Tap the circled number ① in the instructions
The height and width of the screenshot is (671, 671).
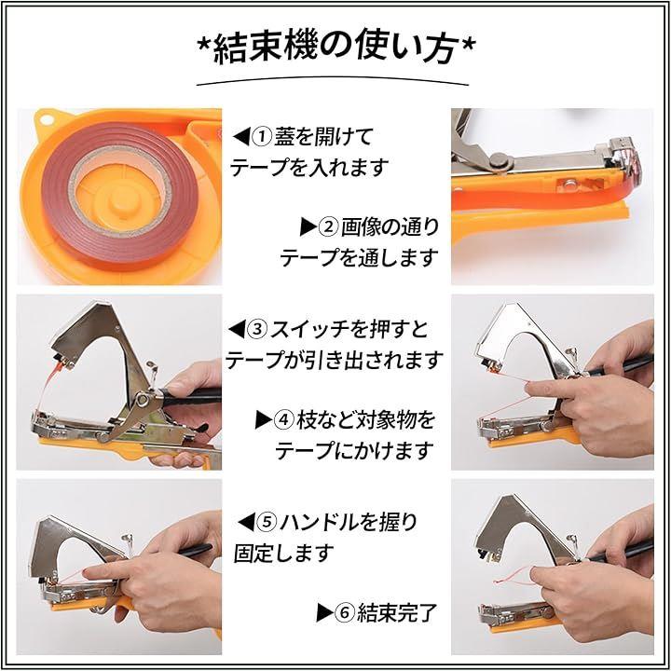(x=261, y=136)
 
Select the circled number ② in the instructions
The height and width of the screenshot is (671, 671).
(x=328, y=226)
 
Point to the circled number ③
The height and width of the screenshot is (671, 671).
(x=257, y=329)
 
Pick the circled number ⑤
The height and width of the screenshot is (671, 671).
(x=266, y=522)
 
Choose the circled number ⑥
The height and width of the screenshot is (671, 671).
(x=344, y=613)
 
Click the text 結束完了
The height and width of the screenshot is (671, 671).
(x=397, y=613)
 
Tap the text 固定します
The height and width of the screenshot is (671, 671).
(x=283, y=553)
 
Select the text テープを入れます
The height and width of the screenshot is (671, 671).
(x=309, y=168)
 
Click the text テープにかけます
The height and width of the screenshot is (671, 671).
(x=354, y=451)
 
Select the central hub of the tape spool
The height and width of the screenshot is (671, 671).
(x=121, y=200)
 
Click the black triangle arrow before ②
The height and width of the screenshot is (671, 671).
(x=308, y=226)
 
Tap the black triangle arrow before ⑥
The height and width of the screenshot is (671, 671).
(x=324, y=613)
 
